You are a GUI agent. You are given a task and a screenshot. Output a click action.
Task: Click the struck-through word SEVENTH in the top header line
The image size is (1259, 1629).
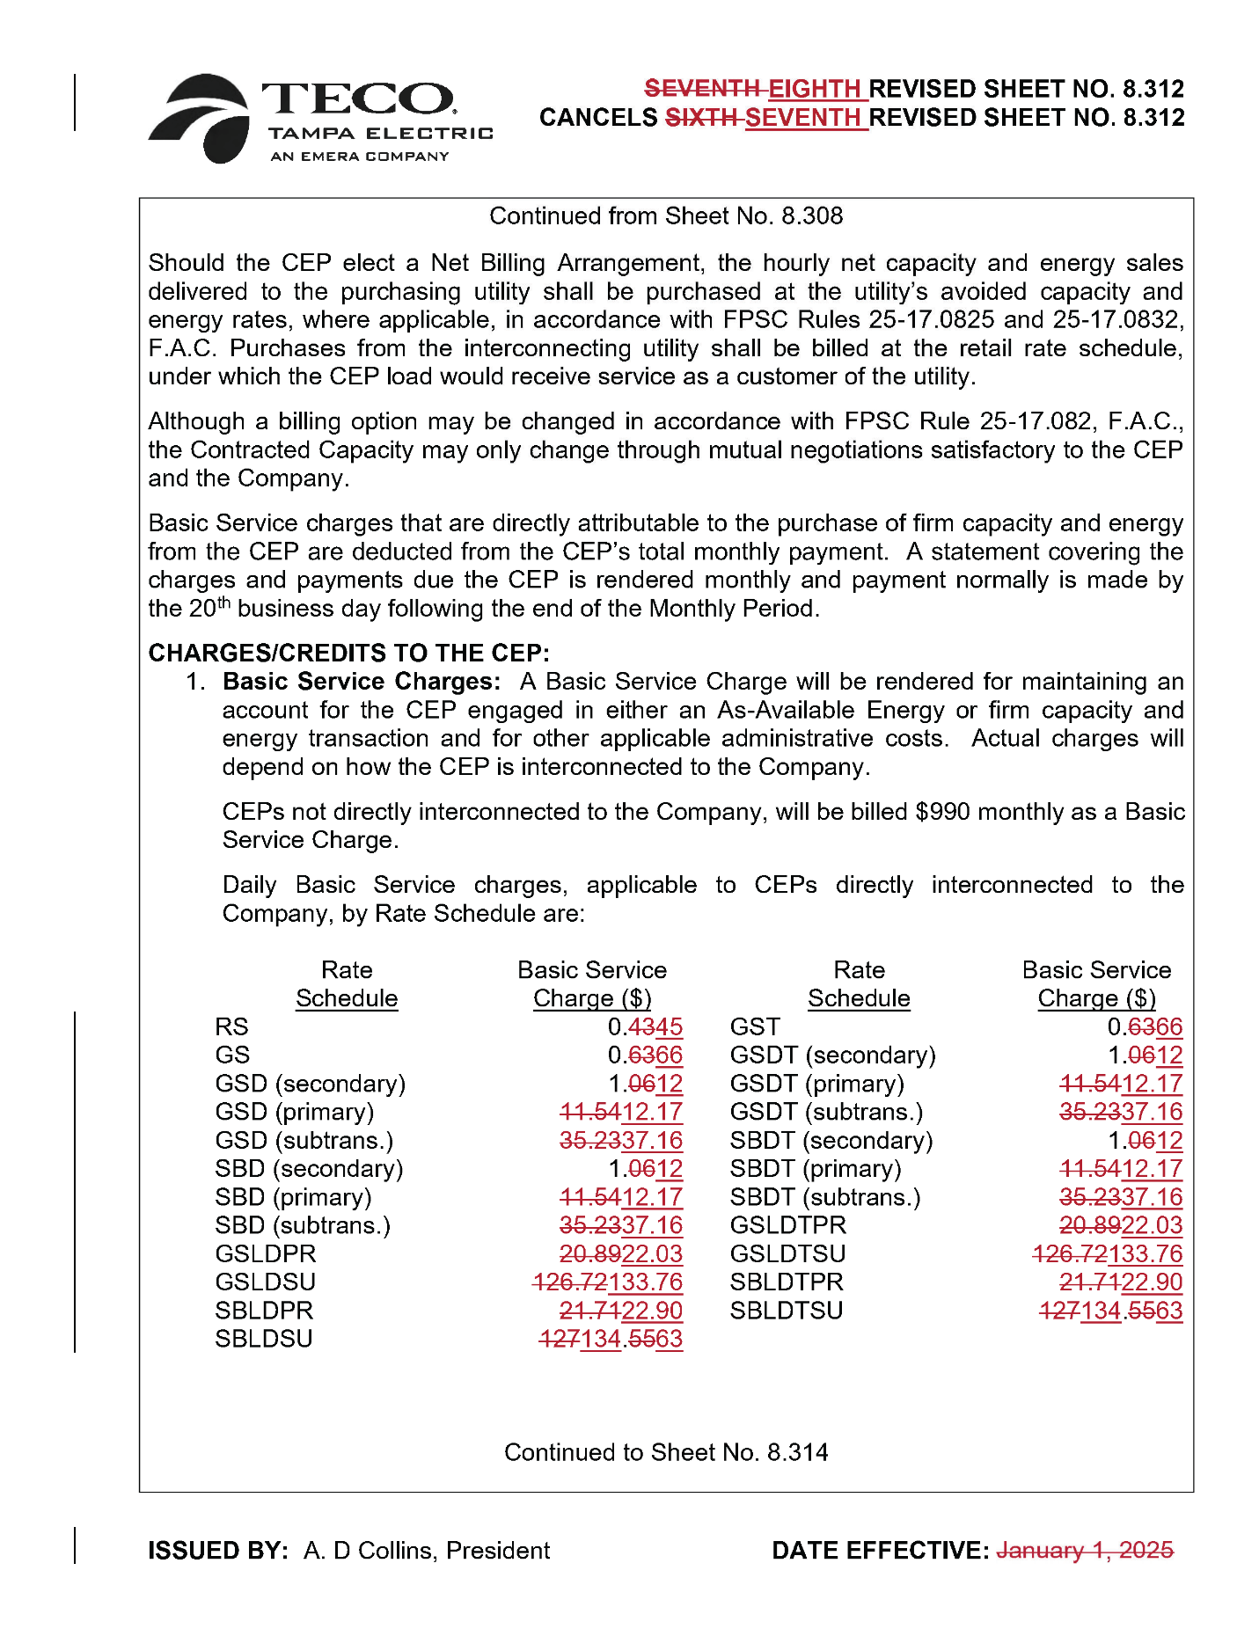(x=703, y=89)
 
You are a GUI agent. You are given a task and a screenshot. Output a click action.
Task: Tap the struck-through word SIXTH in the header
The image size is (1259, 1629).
(x=702, y=118)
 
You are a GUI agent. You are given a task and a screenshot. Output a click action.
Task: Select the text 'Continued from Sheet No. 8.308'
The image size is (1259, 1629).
(x=666, y=216)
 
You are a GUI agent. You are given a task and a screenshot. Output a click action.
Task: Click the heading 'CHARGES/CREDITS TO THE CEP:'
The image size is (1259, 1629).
(x=348, y=653)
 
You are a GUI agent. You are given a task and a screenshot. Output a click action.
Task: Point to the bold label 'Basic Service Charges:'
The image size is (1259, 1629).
(x=362, y=682)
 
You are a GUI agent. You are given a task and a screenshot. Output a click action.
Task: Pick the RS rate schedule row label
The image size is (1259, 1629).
(x=231, y=1026)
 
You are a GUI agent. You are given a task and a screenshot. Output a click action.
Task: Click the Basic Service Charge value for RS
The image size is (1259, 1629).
(x=645, y=1026)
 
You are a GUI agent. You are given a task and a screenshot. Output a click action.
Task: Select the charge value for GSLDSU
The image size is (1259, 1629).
(x=608, y=1282)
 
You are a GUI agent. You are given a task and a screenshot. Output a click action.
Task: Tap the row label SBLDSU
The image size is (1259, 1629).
(x=264, y=1339)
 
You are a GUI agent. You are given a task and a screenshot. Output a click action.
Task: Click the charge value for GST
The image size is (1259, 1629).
(x=1145, y=1026)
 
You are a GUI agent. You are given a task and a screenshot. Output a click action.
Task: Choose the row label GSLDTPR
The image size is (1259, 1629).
(x=788, y=1225)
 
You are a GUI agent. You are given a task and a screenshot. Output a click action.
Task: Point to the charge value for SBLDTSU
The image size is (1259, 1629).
(x=1111, y=1311)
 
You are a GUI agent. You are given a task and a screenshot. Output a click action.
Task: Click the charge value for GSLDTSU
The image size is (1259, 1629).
(x=1108, y=1254)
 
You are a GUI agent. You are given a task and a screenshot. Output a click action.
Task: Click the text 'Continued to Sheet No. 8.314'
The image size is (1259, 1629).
(x=666, y=1452)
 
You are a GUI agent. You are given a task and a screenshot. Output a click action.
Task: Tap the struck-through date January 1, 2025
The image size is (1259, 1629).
(x=1085, y=1550)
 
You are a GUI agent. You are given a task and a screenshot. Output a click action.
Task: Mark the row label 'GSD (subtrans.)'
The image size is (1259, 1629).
(x=304, y=1141)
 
